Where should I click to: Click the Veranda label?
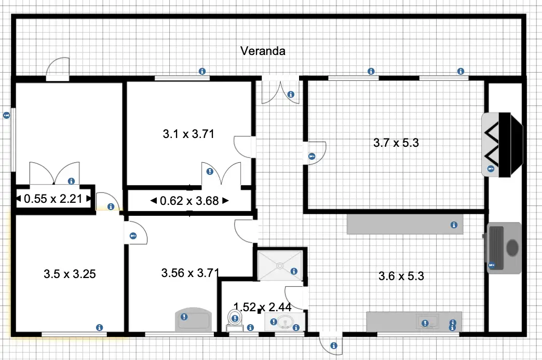tap(263, 51)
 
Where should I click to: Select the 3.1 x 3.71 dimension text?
tap(188, 134)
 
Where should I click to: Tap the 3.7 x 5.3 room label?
tap(396, 142)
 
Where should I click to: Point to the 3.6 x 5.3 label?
tap(401, 276)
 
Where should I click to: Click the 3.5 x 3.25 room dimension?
tap(70, 274)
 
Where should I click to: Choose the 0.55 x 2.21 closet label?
tap(53, 199)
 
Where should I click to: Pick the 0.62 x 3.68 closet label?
tap(189, 201)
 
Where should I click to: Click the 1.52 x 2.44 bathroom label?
tap(262, 307)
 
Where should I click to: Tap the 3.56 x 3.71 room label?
tap(190, 273)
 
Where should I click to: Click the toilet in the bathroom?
tap(235, 320)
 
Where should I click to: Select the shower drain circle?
tap(280, 266)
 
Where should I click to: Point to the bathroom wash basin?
tap(285, 322)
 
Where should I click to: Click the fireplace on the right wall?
tap(502, 145)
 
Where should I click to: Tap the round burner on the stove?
tap(512, 247)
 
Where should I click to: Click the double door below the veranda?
tap(280, 90)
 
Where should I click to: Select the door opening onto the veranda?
tap(58, 69)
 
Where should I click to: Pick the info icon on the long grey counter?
tap(454, 225)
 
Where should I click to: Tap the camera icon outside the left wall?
tap(7, 115)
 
